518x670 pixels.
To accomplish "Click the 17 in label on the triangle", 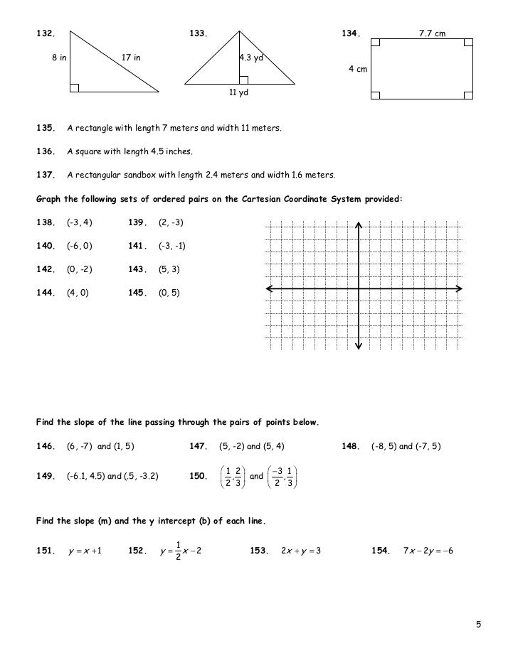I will tap(131, 58).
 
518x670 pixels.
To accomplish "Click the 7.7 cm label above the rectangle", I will tap(433, 33).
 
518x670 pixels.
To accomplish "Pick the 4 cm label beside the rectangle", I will tap(357, 69).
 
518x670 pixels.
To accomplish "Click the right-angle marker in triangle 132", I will tap(74, 87).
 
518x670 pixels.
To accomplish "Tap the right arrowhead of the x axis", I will tap(458, 288).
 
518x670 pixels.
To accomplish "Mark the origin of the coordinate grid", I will tap(359, 288).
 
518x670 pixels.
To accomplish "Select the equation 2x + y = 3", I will tap(301, 552).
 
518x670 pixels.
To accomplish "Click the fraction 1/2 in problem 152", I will tap(178, 552).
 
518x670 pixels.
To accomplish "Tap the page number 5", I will tap(479, 625).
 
